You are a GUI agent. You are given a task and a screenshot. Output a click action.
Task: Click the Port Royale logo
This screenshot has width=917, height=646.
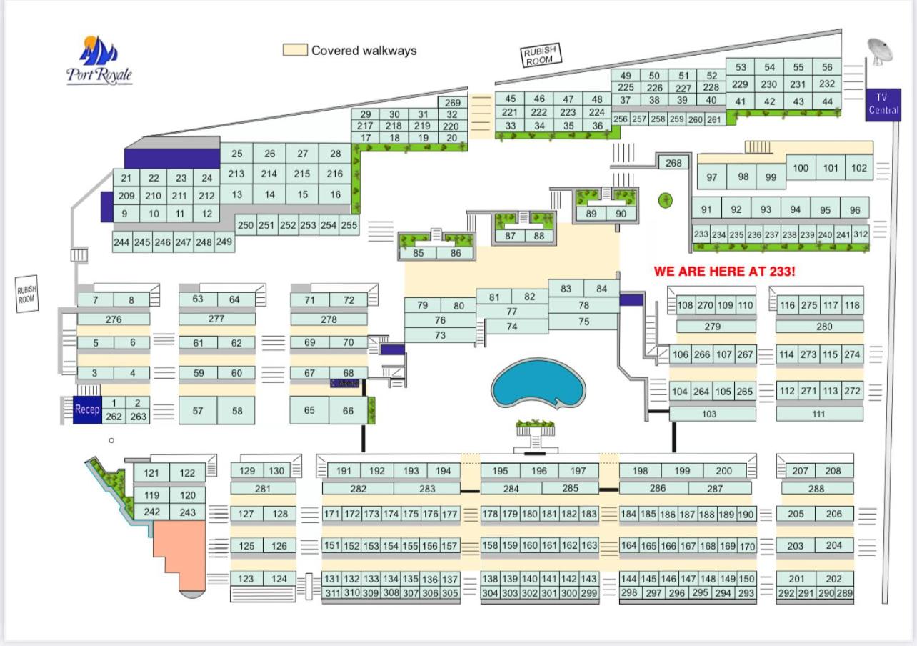[99, 61]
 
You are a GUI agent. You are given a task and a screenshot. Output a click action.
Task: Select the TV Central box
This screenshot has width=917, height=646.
[883, 104]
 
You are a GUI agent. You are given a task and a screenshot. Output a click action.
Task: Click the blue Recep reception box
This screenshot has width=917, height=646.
[87, 409]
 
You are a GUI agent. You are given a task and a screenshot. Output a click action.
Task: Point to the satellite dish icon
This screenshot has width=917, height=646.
[879, 51]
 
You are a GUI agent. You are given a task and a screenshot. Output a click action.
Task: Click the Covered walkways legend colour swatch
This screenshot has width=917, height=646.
[295, 50]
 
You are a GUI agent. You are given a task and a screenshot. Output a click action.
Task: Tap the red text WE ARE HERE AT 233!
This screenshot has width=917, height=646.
[724, 272]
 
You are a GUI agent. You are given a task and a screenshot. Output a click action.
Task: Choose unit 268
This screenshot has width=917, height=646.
[673, 163]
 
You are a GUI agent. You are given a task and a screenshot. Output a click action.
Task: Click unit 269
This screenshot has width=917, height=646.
[452, 103]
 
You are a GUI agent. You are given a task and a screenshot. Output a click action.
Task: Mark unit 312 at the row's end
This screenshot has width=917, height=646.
[861, 234]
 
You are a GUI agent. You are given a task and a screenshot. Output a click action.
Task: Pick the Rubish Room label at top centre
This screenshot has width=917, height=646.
[540, 55]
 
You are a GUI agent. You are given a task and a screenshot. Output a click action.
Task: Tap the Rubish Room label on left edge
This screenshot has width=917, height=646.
[26, 294]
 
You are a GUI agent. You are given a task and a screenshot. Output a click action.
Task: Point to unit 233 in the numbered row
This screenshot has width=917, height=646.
[701, 234]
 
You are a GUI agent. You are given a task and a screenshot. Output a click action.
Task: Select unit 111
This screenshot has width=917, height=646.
[818, 414]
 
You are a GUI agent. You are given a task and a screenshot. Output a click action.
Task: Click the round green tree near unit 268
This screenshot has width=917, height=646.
[666, 200]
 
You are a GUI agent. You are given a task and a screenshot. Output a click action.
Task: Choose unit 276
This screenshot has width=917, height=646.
[114, 319]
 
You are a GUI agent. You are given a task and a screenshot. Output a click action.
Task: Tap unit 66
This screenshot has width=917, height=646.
[348, 410]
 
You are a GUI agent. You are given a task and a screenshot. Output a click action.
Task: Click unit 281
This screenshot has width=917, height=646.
[263, 489]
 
